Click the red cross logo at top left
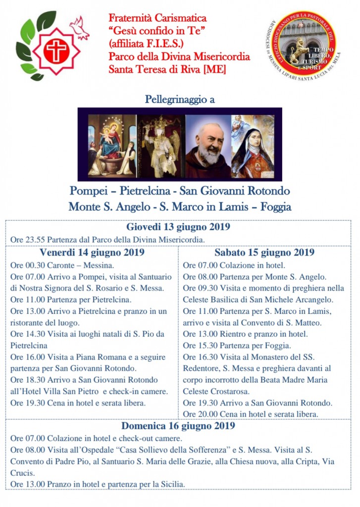click(x=56, y=51)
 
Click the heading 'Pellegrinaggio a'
click(x=180, y=99)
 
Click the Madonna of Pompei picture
click(x=112, y=145)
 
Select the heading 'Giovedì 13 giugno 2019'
click(x=178, y=227)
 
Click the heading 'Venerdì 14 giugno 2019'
click(x=92, y=252)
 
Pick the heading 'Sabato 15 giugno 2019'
click(x=264, y=252)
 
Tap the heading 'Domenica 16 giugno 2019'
click(x=178, y=425)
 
